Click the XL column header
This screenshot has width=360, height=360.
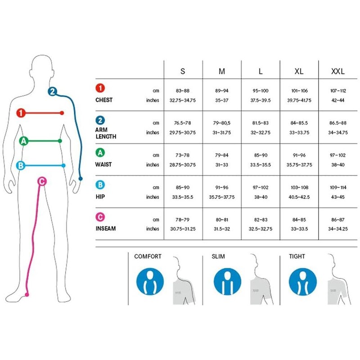tap(299, 71)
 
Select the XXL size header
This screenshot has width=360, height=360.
tap(338, 71)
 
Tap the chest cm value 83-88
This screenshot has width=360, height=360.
tap(183, 91)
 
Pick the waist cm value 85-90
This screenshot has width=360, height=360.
tap(261, 155)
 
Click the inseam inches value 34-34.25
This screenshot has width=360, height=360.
tap(338, 229)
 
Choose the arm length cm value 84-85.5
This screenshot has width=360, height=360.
tap(299, 123)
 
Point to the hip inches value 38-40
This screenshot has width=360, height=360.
tap(261, 197)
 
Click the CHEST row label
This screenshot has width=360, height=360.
tap(104, 100)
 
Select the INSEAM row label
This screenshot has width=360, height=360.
tap(106, 229)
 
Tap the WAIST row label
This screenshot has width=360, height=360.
tap(103, 165)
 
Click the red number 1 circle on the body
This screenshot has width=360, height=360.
tap(21, 113)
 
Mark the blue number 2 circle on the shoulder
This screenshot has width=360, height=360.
tap(52, 92)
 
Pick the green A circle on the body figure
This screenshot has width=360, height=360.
tap(24, 141)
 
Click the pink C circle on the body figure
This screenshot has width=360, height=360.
tap(42, 182)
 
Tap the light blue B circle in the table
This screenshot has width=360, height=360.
tap(100, 185)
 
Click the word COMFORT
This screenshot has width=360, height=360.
tap(148, 256)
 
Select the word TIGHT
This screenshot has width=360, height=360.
tap(297, 256)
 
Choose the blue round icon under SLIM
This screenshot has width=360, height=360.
tap(227, 282)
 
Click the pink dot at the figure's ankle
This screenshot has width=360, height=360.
tap(27, 295)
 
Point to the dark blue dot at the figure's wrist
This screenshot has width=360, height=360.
tap(81, 179)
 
